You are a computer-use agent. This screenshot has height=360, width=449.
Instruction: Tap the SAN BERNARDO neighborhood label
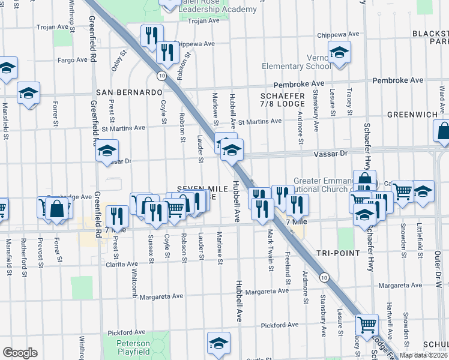[x=129, y=92]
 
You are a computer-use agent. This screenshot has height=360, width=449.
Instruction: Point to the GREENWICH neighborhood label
[x=417, y=114]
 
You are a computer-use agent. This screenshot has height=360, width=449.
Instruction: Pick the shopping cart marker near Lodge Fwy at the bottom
[x=367, y=325]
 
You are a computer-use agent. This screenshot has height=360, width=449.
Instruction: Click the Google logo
[x=19, y=353]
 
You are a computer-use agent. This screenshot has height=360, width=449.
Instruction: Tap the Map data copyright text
[x=423, y=355]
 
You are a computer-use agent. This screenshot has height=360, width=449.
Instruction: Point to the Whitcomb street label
[x=134, y=282]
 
